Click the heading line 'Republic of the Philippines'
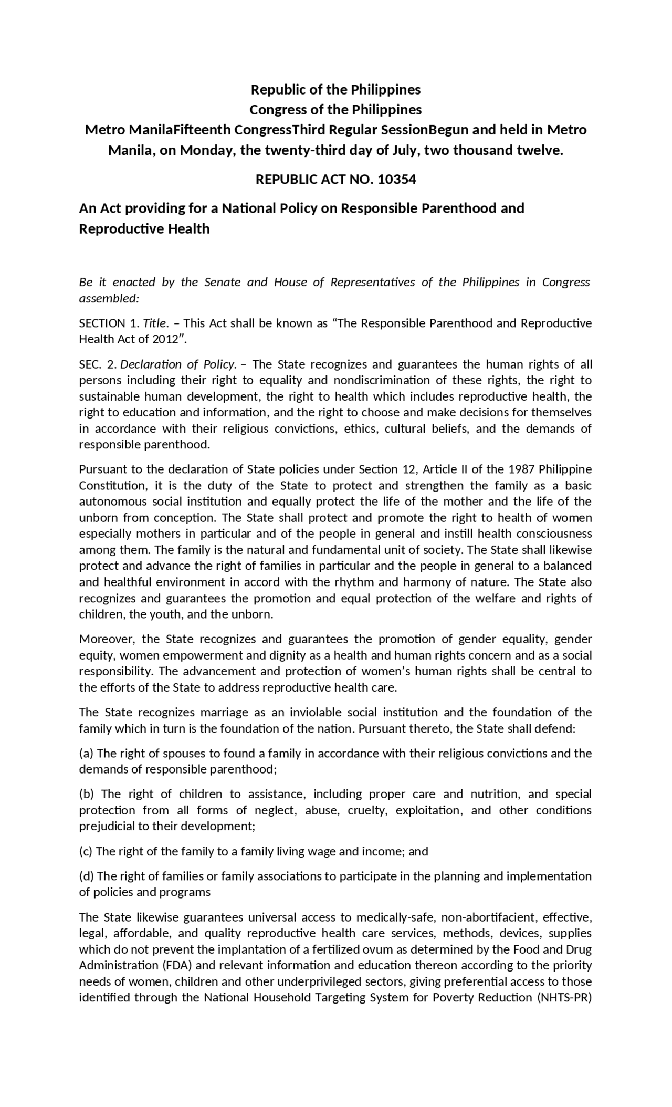pyautogui.click(x=335, y=90)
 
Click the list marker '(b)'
pyautogui.click(x=87, y=794)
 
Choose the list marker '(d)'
pyautogui.click(x=87, y=876)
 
